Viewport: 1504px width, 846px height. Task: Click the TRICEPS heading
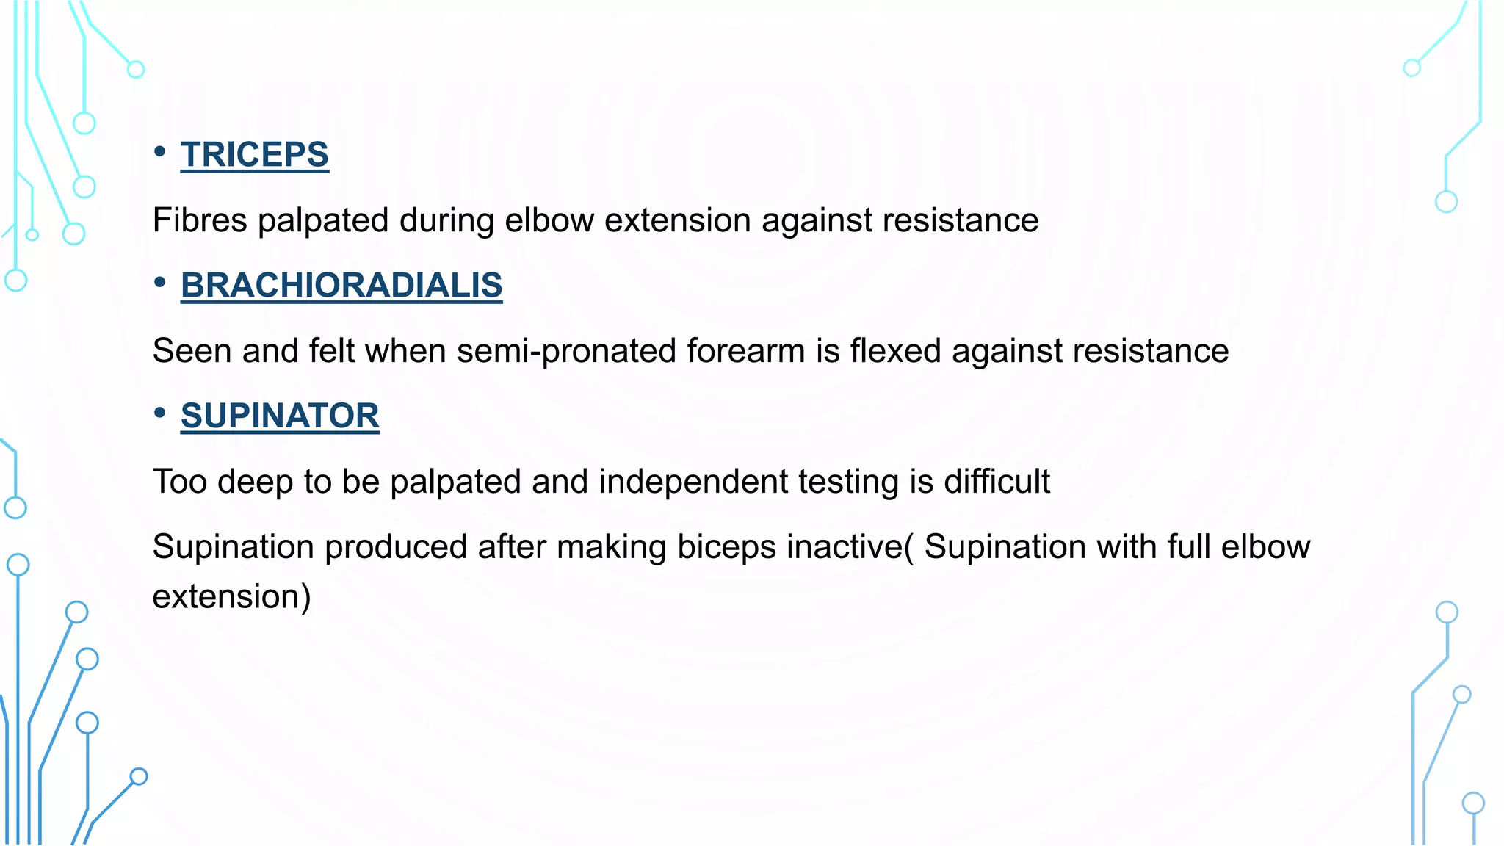tap(254, 155)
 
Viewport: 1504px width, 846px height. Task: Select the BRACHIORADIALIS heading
tap(341, 286)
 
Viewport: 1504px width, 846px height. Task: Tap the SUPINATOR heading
tap(280, 416)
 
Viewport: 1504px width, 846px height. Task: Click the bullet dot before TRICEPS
tap(160, 152)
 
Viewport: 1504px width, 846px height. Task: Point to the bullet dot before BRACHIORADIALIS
tap(160, 283)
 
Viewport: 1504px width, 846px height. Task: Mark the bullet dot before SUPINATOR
tap(160, 413)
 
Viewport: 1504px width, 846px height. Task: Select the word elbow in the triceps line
tap(549, 220)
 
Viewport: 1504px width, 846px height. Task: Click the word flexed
tap(895, 351)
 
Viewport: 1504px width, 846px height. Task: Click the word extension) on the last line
tap(231, 596)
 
